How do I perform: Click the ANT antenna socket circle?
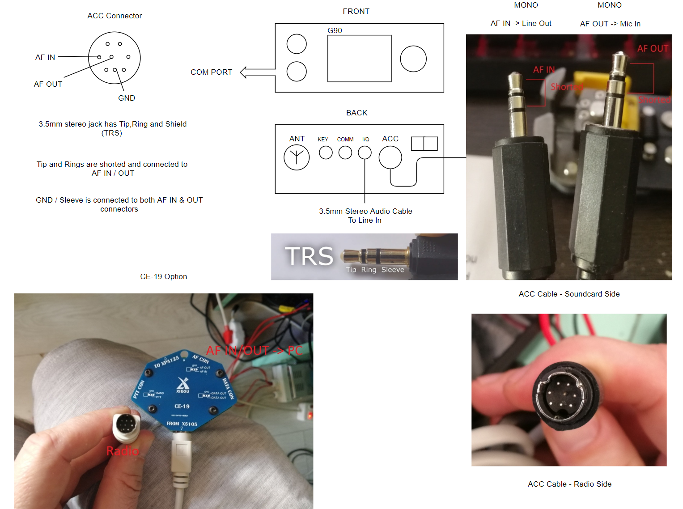coord(297,157)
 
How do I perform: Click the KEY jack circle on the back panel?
coord(326,153)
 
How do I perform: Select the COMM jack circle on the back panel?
coord(345,153)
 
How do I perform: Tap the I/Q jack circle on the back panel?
coord(365,153)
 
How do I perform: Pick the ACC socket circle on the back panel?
coord(390,157)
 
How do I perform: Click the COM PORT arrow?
coord(258,72)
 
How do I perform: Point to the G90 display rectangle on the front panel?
coord(359,59)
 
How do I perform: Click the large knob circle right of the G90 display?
coord(413,59)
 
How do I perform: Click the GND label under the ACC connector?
coord(127,98)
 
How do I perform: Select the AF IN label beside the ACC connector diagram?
coord(45,57)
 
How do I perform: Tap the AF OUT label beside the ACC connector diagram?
coord(48,84)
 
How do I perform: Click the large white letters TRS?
coord(309,256)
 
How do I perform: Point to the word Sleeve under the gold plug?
coord(393,270)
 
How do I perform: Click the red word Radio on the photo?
coord(123,451)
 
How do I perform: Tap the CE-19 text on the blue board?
coord(182,406)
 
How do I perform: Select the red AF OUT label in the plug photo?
coord(653,49)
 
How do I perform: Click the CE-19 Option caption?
coord(164,276)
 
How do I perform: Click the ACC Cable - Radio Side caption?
coord(569,484)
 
